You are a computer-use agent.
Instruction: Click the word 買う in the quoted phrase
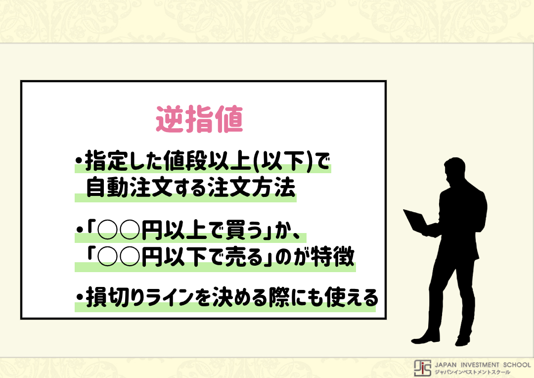click(x=247, y=231)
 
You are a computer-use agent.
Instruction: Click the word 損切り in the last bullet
click(x=113, y=298)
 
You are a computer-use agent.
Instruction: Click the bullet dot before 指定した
click(x=79, y=162)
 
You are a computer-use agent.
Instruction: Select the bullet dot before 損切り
click(x=79, y=299)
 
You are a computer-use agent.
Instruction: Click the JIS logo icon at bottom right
click(x=423, y=367)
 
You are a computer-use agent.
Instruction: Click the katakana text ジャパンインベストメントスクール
click(x=472, y=372)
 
